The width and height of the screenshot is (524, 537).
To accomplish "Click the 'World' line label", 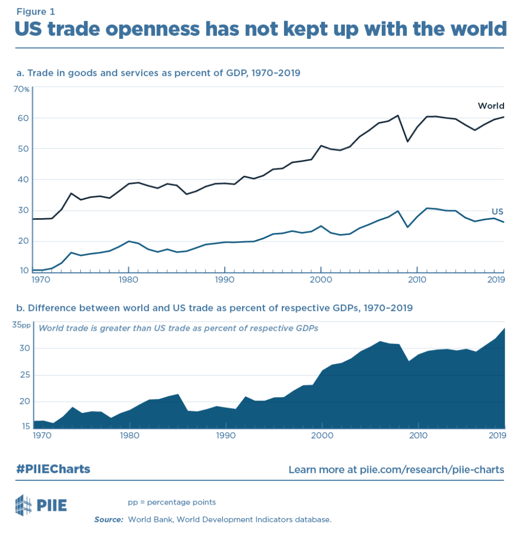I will tap(490, 106).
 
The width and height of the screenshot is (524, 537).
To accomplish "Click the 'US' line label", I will tap(497, 211).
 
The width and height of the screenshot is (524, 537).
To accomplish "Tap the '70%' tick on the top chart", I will tap(22, 89).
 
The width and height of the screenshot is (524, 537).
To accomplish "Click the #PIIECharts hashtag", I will tap(53, 469).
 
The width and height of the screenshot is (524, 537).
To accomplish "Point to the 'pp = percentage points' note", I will tap(172, 502).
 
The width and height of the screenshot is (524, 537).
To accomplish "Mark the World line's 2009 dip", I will tap(407, 141).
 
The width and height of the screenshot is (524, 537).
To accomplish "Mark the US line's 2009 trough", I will tap(407, 227).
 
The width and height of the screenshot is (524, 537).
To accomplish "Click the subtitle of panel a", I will tap(158, 73).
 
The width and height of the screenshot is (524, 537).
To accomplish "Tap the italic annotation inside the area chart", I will tap(178, 328).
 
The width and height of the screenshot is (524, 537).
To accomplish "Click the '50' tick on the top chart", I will tap(24, 149).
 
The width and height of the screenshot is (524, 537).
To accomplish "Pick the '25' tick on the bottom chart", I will tap(24, 375).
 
